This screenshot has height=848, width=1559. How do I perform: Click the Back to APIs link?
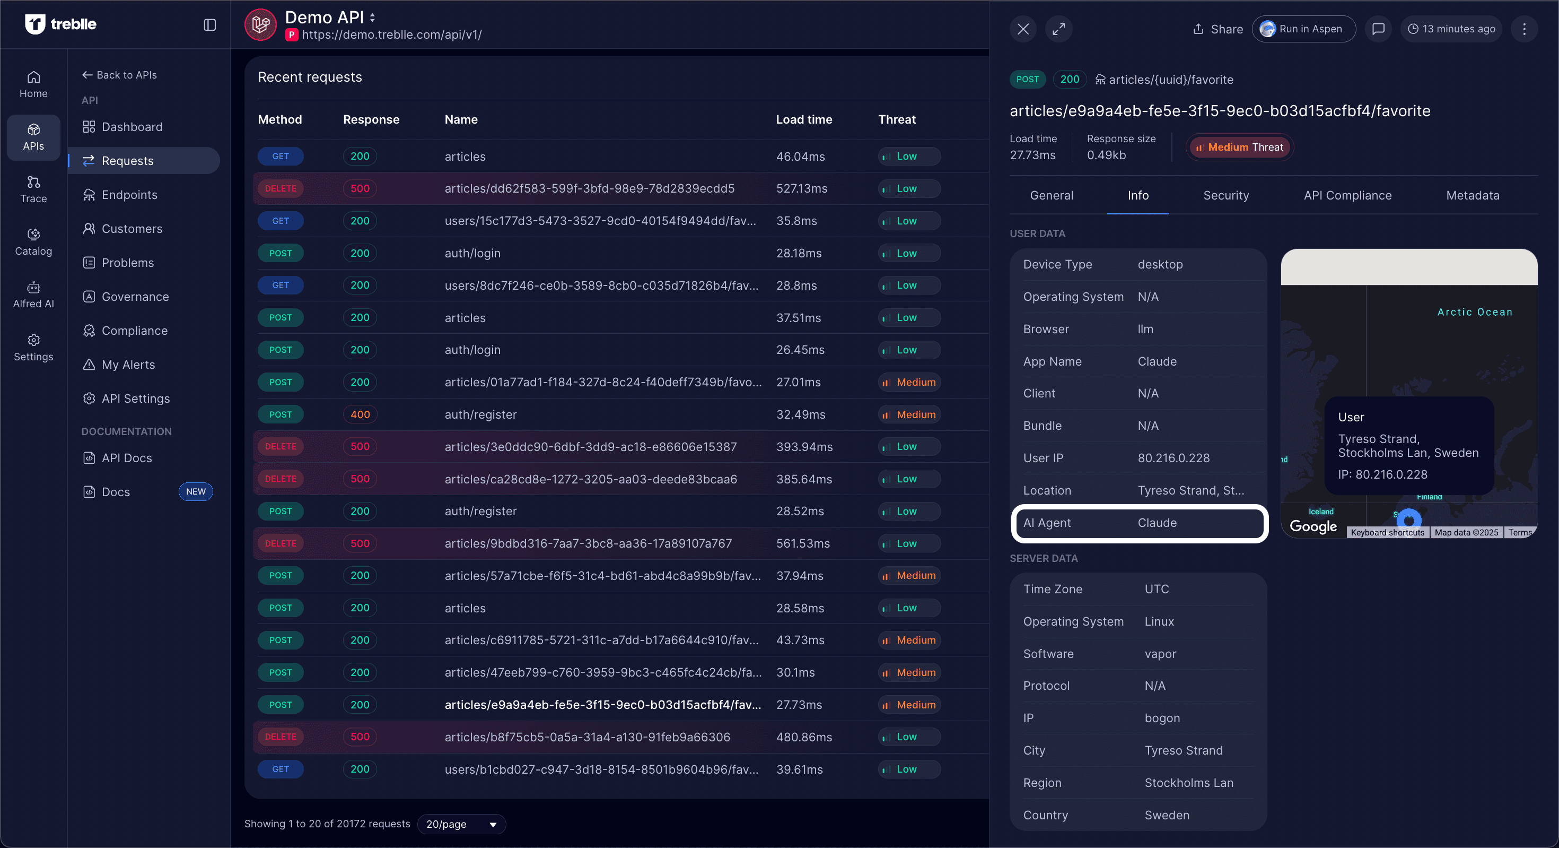[120, 74]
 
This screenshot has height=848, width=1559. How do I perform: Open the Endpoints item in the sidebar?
[129, 194]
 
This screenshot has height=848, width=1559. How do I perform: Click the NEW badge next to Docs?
[196, 491]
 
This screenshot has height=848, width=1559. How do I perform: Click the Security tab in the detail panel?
[1225, 195]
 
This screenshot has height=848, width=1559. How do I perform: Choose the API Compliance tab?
[1347, 195]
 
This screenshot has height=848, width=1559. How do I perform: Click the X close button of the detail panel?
[1023, 29]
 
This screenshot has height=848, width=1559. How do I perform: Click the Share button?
[1218, 29]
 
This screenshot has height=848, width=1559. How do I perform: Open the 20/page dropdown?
[461, 824]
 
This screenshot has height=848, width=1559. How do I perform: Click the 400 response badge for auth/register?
[360, 414]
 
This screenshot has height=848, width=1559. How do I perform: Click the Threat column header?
[896, 119]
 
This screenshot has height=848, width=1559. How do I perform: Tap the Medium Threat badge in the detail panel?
[1239, 147]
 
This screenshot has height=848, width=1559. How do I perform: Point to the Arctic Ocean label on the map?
[1474, 312]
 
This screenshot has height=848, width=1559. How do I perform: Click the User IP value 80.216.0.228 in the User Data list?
[1173, 458]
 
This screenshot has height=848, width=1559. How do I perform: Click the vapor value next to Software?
[1160, 654]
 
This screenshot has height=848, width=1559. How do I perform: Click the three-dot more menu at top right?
[1524, 29]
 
